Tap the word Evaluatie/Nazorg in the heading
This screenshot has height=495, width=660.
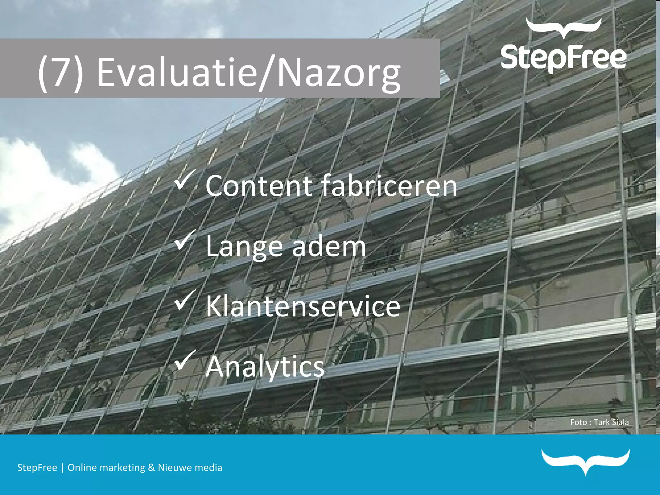click(248, 73)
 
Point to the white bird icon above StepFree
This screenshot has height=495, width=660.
click(563, 27)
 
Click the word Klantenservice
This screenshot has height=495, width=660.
click(303, 306)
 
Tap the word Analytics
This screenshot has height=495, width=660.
click(265, 367)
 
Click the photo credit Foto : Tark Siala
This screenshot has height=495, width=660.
click(599, 422)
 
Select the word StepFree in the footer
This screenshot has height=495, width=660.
click(37, 468)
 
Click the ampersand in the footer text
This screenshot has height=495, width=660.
click(151, 468)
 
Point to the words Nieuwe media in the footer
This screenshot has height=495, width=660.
click(190, 468)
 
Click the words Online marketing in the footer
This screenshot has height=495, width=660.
click(106, 468)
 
